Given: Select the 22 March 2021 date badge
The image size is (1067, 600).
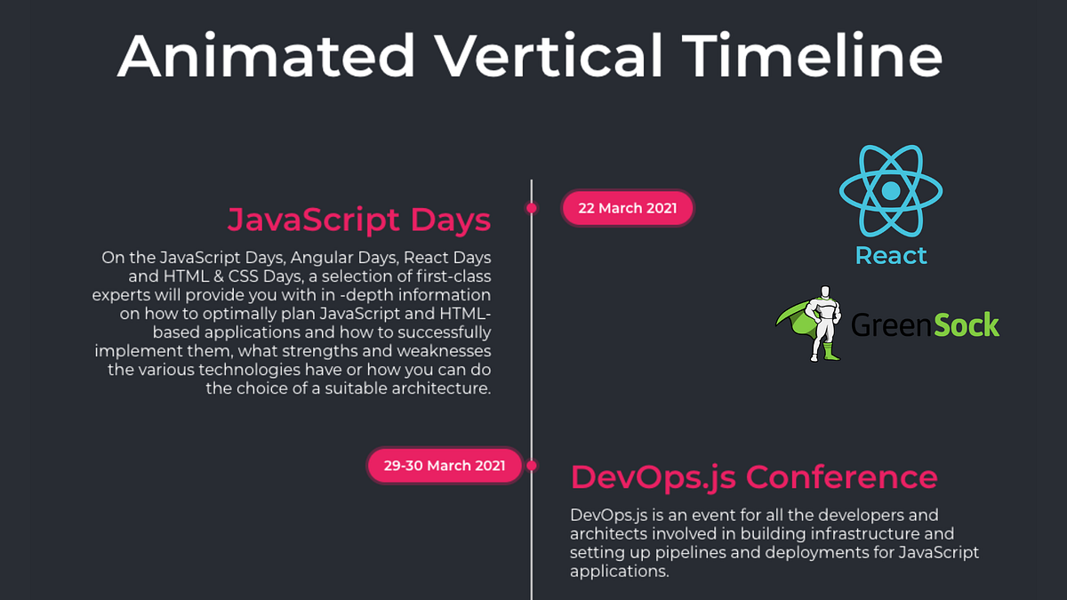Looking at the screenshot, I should tap(627, 209).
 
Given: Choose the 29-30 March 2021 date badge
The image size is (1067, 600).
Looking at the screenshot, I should tap(445, 466).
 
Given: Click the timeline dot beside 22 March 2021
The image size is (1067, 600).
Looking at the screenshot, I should tap(532, 209).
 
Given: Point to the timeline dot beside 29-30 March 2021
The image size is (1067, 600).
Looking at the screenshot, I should tap(532, 466).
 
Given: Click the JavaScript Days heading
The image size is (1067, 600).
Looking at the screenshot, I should tap(359, 220).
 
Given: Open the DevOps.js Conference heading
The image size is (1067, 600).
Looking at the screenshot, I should tap(754, 477).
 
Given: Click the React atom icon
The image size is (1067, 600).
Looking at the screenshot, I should tap(890, 191).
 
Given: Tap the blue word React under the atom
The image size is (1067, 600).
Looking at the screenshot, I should tap(891, 256).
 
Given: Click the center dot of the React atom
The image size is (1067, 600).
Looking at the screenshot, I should tap(890, 191).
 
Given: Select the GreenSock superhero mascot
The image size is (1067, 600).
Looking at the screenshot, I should tap(822, 323).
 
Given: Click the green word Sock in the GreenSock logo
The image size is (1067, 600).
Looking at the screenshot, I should tap(966, 324).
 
